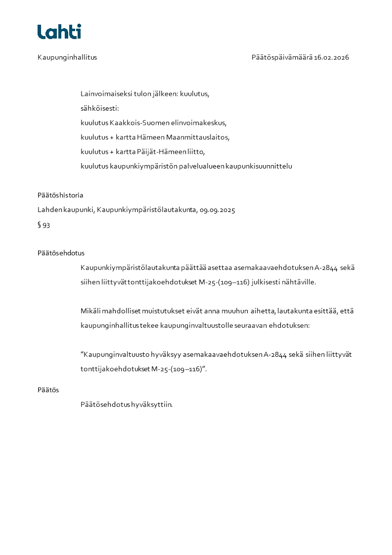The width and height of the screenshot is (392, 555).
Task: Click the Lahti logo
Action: point(59,32)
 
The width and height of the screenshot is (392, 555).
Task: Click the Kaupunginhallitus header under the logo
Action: point(67,57)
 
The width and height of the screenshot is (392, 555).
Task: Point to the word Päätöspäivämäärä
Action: point(282,57)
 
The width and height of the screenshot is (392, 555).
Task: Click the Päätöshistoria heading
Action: point(60,195)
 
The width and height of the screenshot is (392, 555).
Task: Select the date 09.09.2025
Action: point(218,210)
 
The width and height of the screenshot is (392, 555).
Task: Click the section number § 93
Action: point(44,225)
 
